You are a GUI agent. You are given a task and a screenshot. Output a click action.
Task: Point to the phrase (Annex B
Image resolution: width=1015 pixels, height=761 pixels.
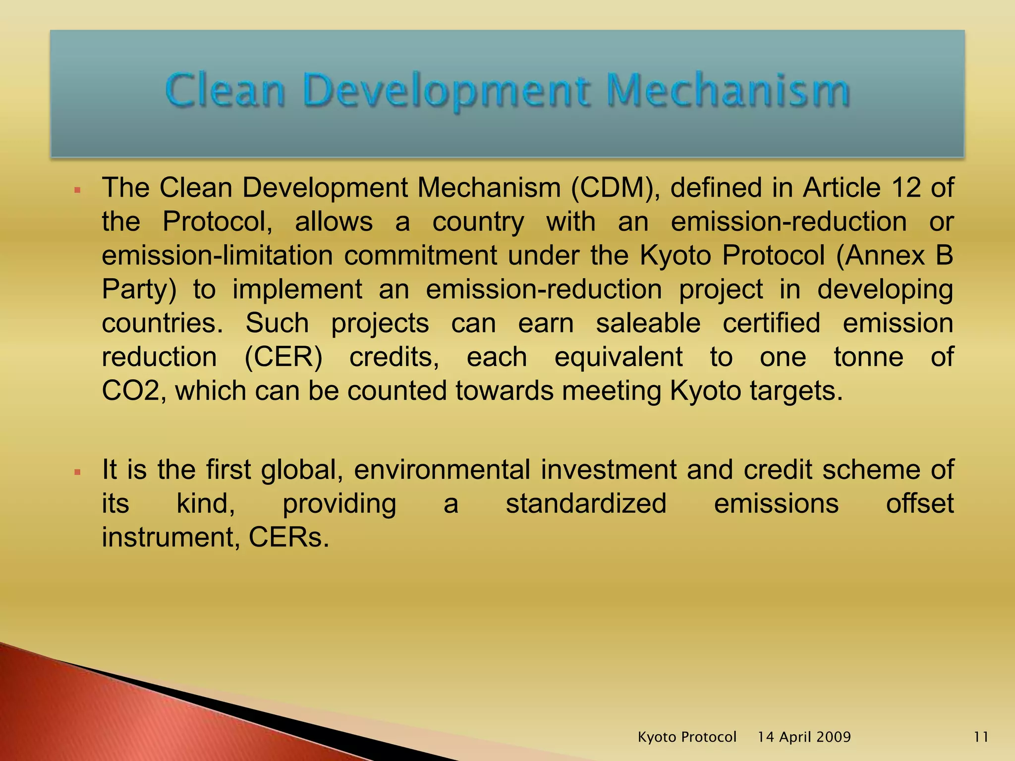pos(895,256)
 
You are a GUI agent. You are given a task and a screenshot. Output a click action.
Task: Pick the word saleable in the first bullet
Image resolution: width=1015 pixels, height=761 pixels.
pos(648,323)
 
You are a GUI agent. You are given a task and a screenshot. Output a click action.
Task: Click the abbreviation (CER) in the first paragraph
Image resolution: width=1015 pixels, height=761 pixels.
pos(283,357)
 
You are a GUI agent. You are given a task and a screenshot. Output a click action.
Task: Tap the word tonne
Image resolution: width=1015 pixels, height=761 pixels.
pos(868,357)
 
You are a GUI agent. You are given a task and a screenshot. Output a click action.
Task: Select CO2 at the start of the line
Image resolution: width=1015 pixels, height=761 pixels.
pos(130,391)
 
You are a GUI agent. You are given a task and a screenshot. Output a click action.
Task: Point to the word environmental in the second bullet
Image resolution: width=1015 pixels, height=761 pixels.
pos(442,470)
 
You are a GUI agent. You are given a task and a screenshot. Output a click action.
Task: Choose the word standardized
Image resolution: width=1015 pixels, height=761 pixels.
pos(586,504)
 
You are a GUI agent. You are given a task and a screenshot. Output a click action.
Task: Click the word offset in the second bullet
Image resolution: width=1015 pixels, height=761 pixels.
pos(919,504)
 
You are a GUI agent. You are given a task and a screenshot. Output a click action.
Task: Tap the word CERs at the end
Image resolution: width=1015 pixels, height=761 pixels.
pos(288,538)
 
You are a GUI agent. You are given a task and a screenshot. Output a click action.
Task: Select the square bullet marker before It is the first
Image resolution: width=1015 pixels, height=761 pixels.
pos(77,472)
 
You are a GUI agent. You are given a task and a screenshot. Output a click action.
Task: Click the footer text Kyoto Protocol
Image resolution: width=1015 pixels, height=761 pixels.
pos(687,737)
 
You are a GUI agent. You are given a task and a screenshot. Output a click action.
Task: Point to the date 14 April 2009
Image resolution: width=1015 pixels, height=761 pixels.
pos(804,737)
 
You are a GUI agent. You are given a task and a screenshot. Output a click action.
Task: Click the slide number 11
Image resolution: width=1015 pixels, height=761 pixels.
pos(981,737)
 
